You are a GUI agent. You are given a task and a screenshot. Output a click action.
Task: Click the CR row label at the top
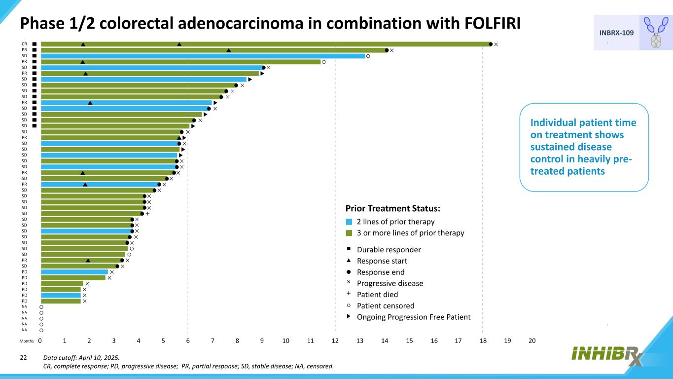[24, 44]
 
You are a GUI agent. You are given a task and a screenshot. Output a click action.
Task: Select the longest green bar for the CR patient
[266, 44]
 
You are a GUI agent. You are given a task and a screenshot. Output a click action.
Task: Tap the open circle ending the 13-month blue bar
[368, 56]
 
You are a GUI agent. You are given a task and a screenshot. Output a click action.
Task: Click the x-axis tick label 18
[483, 341]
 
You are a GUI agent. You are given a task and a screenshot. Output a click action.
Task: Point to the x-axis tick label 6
[188, 341]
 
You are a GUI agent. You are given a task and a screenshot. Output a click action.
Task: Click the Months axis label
[27, 341]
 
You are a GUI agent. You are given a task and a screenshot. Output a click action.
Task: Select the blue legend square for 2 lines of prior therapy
[349, 222]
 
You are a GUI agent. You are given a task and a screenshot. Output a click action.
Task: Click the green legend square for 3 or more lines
[349, 233]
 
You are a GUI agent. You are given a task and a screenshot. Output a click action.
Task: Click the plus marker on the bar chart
[147, 214]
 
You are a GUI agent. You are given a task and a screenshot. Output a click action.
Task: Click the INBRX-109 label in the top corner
[616, 33]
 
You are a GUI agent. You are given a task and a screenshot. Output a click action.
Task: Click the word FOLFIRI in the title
[493, 23]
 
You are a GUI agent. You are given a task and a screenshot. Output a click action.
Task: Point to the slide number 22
[23, 358]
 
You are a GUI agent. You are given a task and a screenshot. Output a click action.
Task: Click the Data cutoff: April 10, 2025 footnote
[81, 358]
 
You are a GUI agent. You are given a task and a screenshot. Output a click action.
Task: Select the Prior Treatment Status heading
[392, 208]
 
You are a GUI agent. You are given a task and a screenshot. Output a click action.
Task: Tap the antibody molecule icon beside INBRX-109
[656, 32]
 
